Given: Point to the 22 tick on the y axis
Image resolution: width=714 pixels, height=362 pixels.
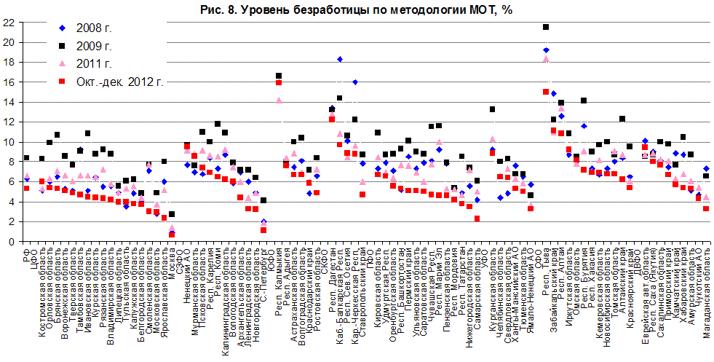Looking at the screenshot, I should coord(9,23).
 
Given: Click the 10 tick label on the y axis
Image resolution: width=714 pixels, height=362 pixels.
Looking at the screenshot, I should coord(9,142).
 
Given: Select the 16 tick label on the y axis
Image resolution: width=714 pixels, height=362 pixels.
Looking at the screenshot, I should coord(9,82).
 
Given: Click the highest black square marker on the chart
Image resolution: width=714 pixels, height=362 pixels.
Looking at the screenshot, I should coord(546,27).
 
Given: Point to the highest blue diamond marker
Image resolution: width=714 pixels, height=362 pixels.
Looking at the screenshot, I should coord(546,50).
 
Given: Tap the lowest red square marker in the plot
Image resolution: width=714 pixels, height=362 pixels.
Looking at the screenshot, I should coord(172,235).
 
